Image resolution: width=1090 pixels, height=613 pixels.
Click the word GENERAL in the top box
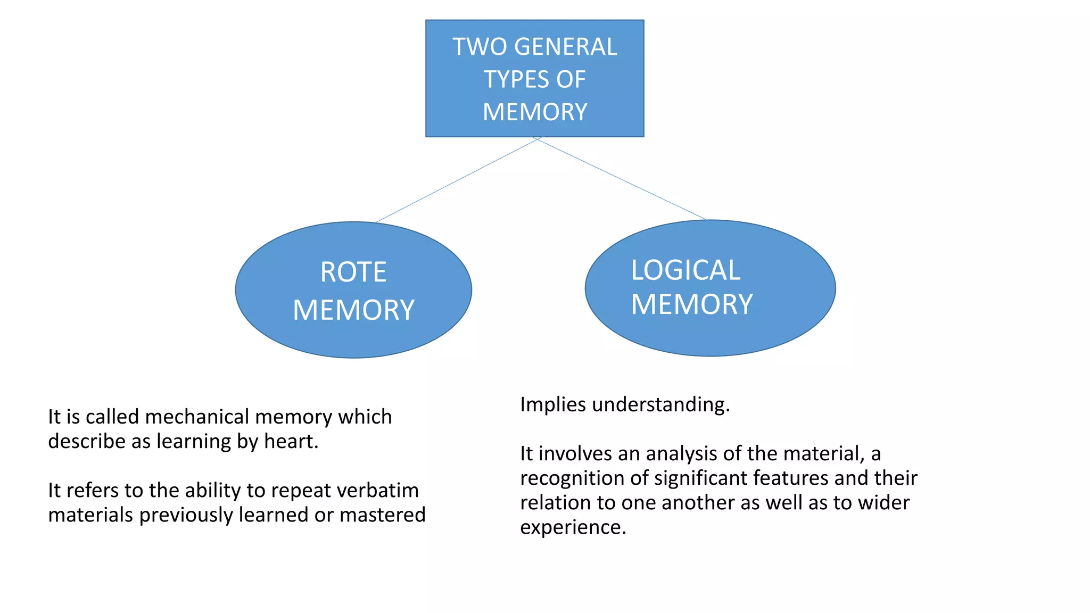[x=566, y=47]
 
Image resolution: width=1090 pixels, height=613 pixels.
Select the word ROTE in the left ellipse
[x=353, y=272]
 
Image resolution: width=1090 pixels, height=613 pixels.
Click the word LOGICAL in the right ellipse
[x=686, y=270]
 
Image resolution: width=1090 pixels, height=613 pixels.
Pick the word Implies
[x=553, y=405]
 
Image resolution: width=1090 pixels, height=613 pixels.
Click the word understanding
[x=660, y=405]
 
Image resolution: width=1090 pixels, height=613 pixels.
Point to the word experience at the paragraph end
[x=573, y=527]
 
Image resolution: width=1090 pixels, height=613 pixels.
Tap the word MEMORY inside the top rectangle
[x=535, y=112]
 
